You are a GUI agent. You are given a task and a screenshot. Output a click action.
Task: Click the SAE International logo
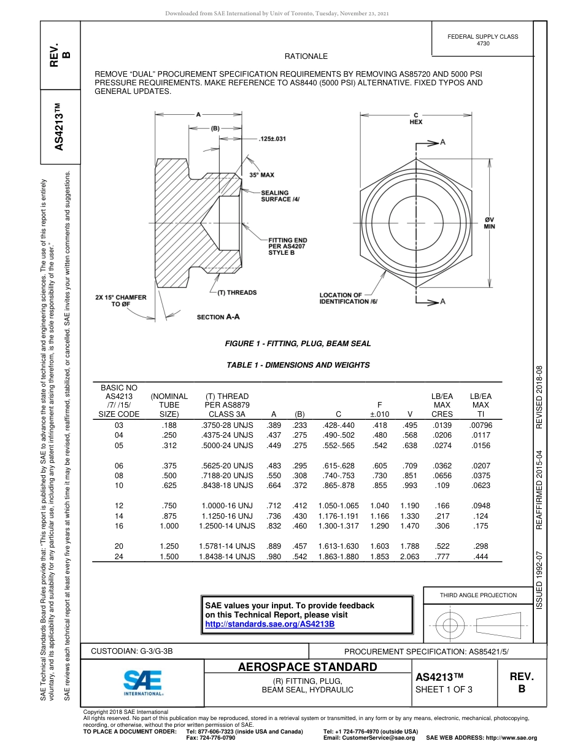pos(142,681)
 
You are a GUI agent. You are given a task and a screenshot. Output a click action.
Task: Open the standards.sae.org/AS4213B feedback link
pos(269,624)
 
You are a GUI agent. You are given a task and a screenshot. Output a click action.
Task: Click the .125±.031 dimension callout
pos(272,139)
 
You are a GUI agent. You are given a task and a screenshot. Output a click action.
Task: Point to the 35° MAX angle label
pos(262,175)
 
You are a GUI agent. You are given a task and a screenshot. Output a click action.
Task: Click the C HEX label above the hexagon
pos(415,118)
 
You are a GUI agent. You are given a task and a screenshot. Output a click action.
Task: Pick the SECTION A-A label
pos(218,317)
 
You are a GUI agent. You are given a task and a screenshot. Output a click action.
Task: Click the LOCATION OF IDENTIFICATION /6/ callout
pos(349,298)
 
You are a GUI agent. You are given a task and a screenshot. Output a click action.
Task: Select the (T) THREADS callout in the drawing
pos(236,293)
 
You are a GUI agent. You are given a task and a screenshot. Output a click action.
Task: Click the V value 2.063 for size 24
pos(409,556)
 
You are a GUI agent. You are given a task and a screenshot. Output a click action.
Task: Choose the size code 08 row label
pos(119,475)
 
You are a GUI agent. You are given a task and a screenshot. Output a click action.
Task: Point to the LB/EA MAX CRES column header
pos(442,405)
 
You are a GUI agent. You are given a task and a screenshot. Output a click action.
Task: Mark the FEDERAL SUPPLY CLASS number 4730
pos(483,44)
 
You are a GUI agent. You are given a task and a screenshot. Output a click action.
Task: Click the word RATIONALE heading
pos(306,56)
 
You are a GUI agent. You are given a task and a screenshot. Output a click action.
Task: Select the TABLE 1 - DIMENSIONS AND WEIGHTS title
pos(298,365)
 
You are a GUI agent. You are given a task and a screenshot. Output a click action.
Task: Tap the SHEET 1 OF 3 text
pos(444,689)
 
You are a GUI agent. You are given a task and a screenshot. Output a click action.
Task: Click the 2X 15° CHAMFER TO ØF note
pos(121,301)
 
